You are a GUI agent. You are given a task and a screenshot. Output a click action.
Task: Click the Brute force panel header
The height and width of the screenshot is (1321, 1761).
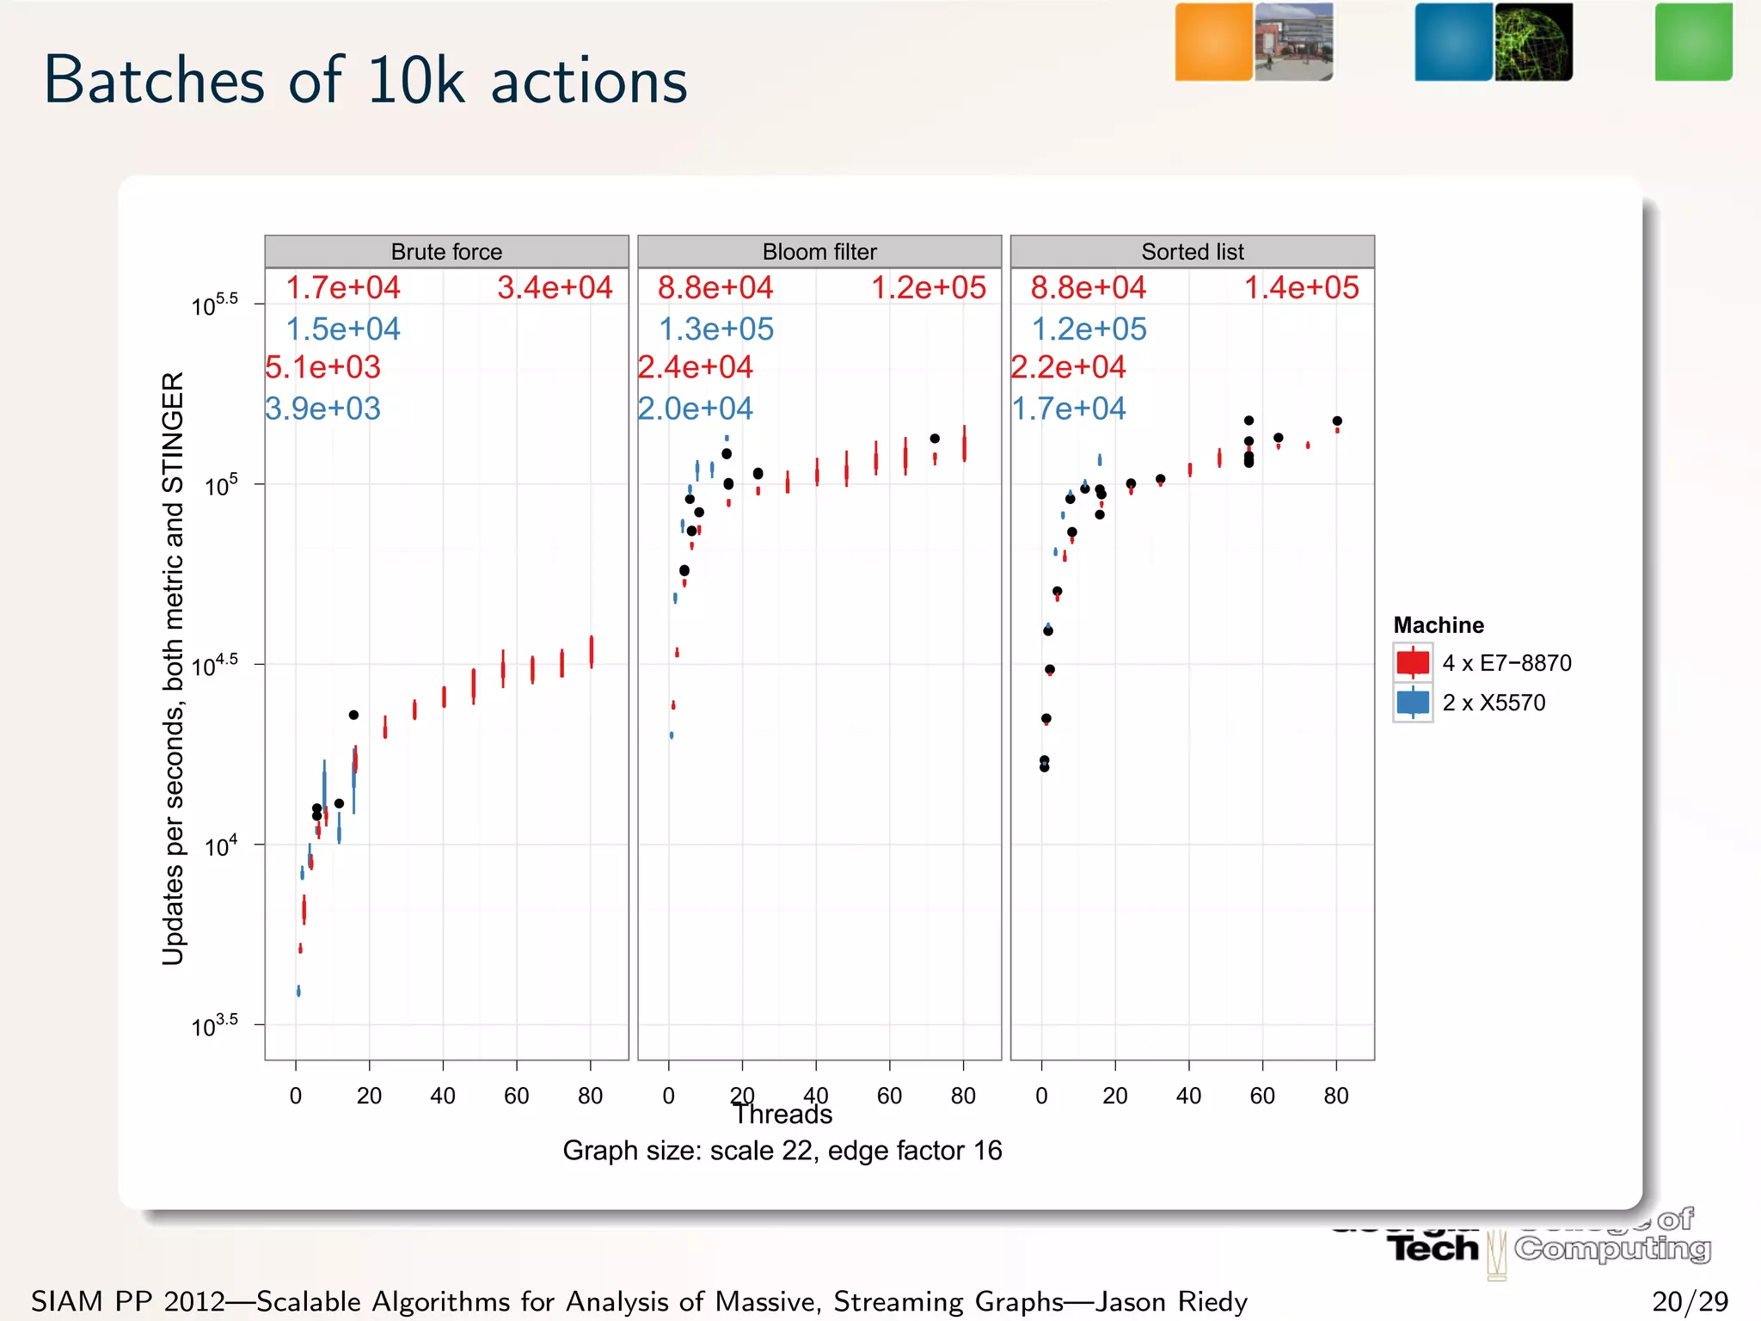446,251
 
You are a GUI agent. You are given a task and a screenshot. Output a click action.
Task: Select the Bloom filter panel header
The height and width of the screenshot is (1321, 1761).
819,251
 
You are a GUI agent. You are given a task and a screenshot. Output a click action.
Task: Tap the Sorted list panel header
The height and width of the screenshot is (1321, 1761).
1192,251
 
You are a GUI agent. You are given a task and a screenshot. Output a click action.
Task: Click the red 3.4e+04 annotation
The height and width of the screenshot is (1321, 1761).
555,287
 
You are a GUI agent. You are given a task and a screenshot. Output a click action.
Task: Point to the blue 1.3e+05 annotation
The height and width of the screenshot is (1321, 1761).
716,329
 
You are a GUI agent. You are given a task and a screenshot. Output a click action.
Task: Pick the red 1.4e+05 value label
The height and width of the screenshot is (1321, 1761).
1301,287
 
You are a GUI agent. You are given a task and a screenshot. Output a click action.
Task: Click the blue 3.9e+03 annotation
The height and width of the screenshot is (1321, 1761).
322,408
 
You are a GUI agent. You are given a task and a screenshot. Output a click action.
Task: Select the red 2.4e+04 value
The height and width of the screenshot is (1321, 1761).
695,367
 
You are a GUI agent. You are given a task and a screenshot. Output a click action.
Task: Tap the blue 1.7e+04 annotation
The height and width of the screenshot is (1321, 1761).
1068,408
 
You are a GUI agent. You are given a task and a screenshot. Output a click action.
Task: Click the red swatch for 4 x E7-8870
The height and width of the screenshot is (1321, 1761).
1413,662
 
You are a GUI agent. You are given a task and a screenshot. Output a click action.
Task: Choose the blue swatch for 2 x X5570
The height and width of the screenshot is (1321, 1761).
1413,703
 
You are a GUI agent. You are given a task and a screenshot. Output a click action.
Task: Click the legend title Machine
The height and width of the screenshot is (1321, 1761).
1439,625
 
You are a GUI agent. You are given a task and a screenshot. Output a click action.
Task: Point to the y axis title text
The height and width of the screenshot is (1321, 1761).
173,668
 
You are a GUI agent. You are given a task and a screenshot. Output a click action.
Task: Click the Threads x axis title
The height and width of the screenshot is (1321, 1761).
782,1115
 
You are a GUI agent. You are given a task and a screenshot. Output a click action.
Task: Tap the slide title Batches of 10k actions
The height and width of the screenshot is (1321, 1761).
365,81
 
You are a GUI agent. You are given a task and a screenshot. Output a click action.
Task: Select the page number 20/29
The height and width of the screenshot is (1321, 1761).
1690,1301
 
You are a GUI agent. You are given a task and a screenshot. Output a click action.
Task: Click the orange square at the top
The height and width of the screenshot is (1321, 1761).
1213,42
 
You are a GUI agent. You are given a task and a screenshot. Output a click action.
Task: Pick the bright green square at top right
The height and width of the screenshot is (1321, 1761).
1693,42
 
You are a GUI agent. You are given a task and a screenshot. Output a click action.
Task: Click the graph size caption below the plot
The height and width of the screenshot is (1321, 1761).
782,1151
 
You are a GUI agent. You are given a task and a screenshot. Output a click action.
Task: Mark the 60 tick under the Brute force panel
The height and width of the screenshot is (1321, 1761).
517,1096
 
